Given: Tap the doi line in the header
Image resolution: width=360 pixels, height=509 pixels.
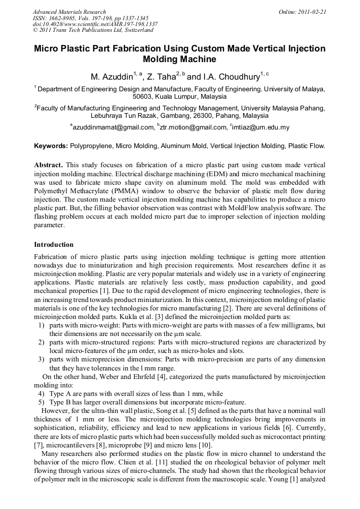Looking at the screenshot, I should [95, 24].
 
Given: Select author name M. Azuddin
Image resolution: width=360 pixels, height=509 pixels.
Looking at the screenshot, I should [112, 77].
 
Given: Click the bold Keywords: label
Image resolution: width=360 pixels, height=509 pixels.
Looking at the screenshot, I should [51, 145].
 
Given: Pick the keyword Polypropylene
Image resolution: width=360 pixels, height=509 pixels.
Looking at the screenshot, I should [90, 145].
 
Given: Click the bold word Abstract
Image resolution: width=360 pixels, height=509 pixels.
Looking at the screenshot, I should [48, 165].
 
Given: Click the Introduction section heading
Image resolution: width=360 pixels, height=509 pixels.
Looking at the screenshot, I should [54, 245].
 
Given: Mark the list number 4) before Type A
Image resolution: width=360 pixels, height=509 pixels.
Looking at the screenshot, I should [41, 394].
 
